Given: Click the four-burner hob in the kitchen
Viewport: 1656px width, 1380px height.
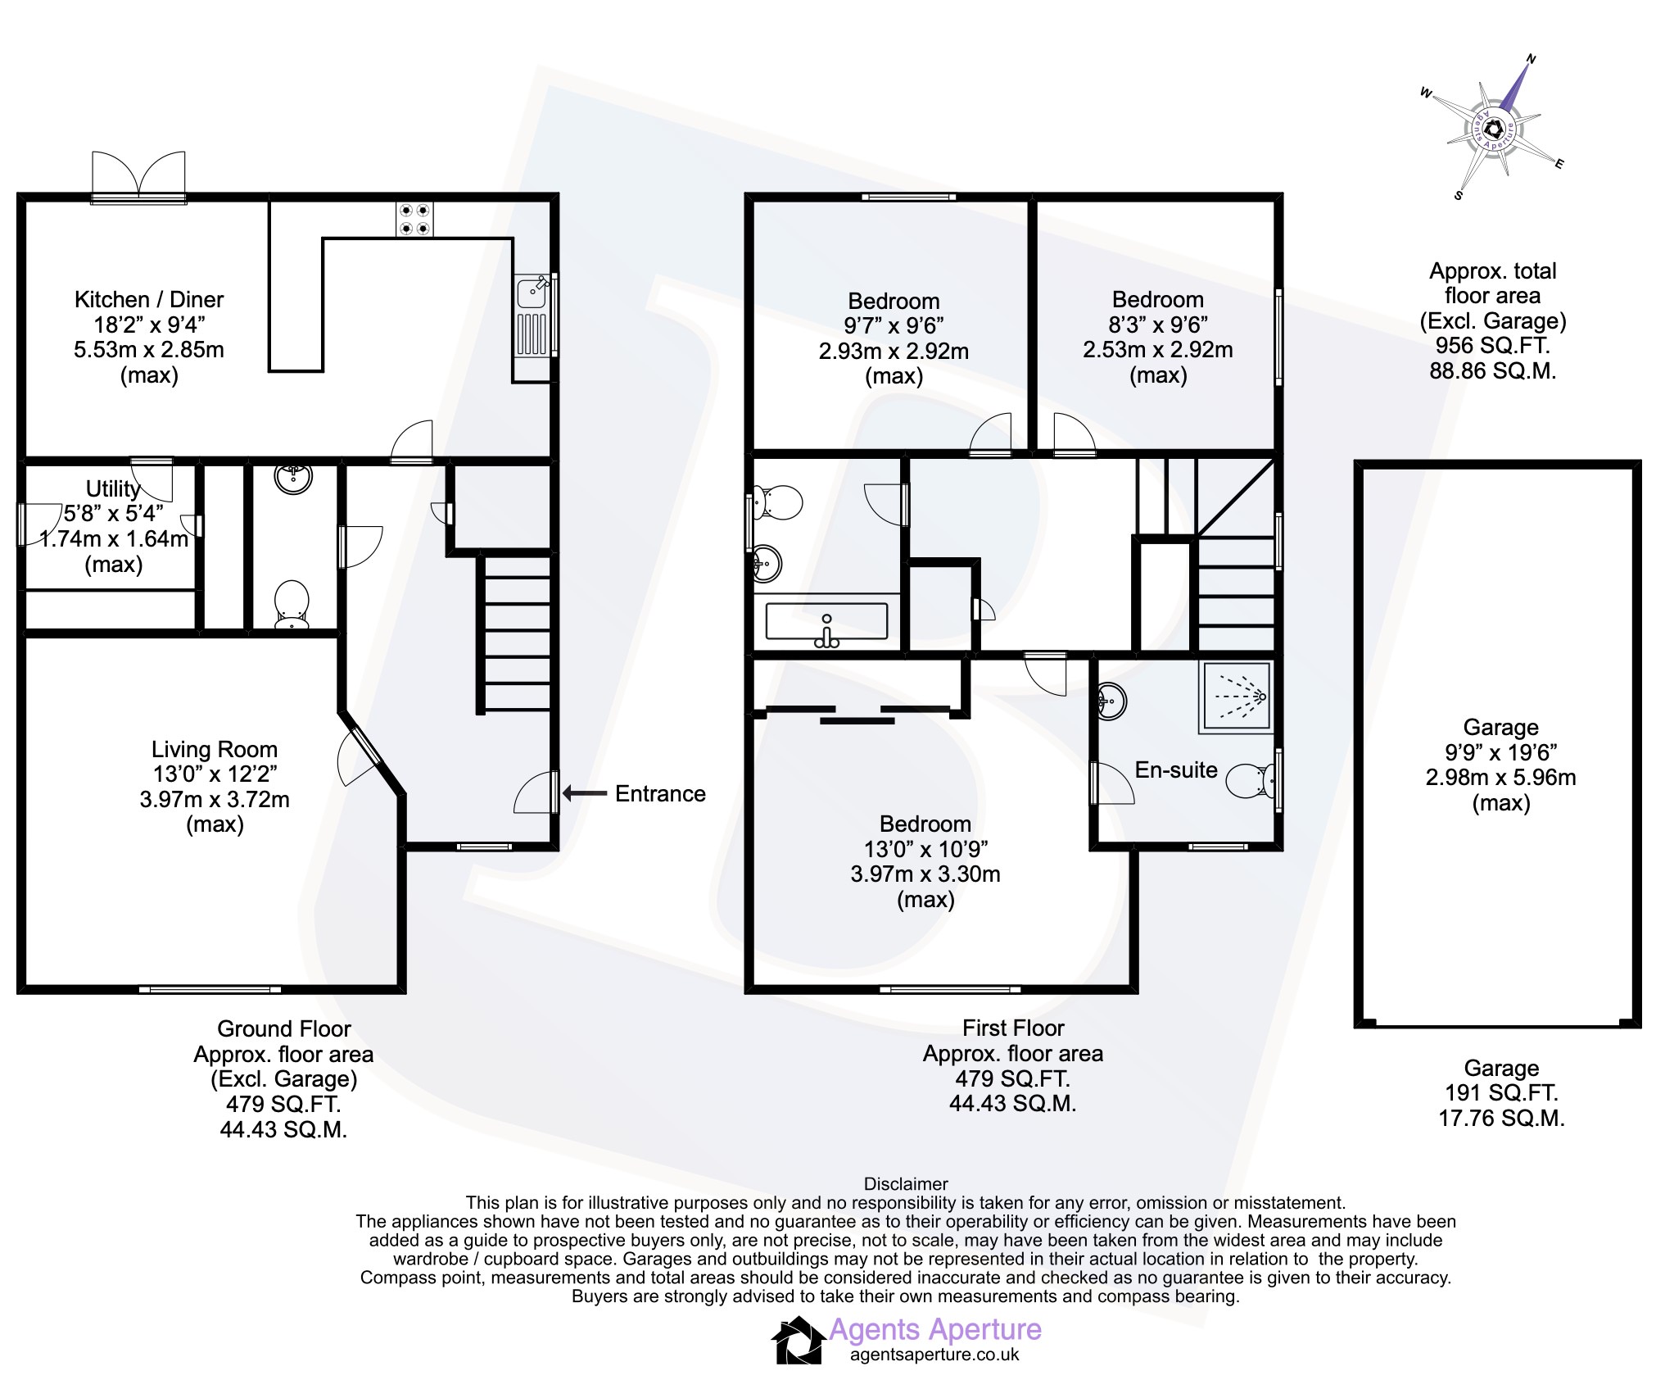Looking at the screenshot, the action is pyautogui.click(x=414, y=220).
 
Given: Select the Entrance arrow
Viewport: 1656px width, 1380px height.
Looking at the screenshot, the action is pyautogui.click(x=584, y=793).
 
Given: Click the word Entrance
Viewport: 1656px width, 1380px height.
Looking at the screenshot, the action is pyautogui.click(x=660, y=793).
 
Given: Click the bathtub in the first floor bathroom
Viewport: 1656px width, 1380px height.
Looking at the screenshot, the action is pyautogui.click(x=826, y=622).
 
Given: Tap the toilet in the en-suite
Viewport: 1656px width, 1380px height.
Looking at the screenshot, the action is pyautogui.click(x=1251, y=781).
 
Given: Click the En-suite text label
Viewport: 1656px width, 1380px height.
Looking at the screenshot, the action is pyautogui.click(x=1176, y=769).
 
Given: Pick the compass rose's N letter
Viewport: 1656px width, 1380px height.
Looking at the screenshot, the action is pyautogui.click(x=1531, y=59).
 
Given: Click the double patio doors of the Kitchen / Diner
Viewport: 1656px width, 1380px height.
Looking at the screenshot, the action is pyautogui.click(x=138, y=176).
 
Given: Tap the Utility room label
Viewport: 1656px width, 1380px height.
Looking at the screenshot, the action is pyautogui.click(x=114, y=488).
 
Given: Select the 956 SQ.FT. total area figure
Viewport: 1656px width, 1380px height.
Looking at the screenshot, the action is pyautogui.click(x=1492, y=345).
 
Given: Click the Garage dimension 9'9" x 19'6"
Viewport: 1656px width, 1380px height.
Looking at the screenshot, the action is pyautogui.click(x=1500, y=751).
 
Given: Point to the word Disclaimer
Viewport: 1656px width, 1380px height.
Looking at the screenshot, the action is pyautogui.click(x=906, y=1183).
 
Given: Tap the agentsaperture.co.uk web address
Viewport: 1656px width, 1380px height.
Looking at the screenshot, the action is pyautogui.click(x=934, y=1355).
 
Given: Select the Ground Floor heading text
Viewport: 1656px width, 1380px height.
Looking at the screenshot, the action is pyautogui.click(x=283, y=1028).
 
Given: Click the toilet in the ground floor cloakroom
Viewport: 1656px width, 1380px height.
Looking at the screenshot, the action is pyautogui.click(x=291, y=605).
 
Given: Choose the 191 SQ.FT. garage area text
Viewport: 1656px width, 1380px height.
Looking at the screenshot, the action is pyautogui.click(x=1501, y=1092).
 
